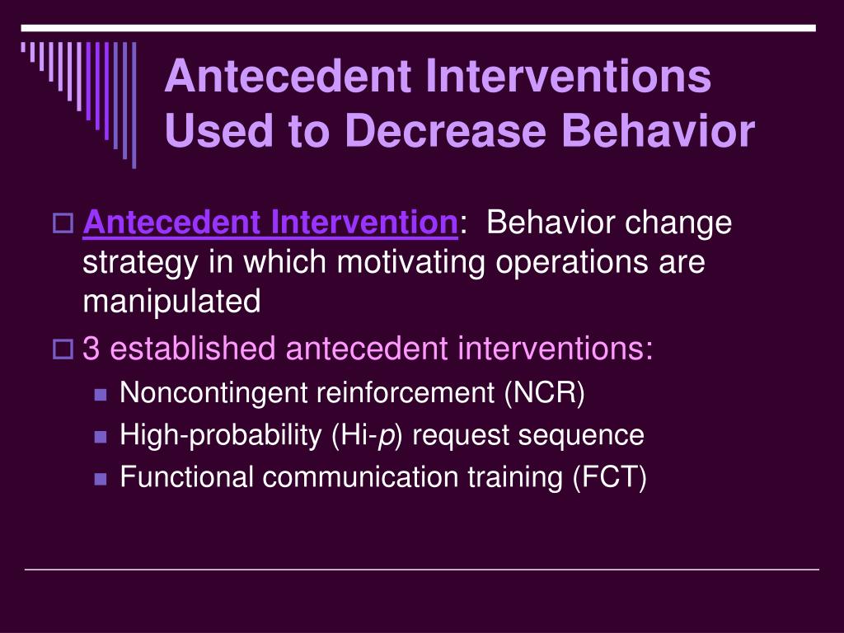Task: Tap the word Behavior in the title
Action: pyautogui.click(x=659, y=131)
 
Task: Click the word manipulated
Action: pyautogui.click(x=171, y=302)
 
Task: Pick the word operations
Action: pyautogui.click(x=572, y=263)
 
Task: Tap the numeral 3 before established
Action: pyautogui.click(x=91, y=349)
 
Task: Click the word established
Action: pyautogui.click(x=193, y=348)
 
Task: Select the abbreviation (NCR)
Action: pyautogui.click(x=545, y=392)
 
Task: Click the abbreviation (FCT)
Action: pyautogui.click(x=609, y=477)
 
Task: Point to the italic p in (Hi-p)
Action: pyautogui.click(x=386, y=437)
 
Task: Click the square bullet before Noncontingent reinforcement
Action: pyautogui.click(x=100, y=395)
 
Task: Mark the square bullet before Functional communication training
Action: pyautogui.click(x=100, y=479)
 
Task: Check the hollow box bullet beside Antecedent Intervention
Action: pyautogui.click(x=63, y=223)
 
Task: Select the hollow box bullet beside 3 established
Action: pyautogui.click(x=63, y=349)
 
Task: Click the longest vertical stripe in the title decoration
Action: pyautogui.click(x=134, y=105)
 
